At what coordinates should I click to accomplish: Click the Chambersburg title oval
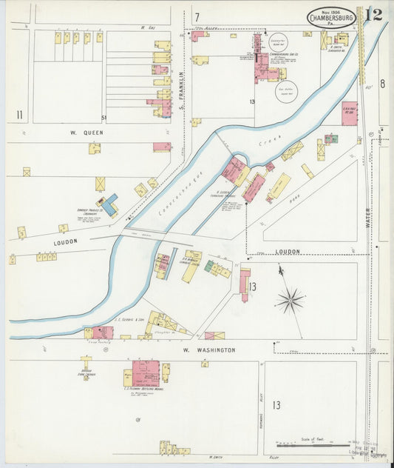[331, 17]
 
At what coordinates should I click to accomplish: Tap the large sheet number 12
[373, 15]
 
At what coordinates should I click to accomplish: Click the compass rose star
[290, 300]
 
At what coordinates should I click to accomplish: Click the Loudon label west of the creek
[65, 241]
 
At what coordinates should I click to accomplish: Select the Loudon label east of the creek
[288, 251]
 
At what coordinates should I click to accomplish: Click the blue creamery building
[108, 204]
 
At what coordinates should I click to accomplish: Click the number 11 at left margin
[19, 114]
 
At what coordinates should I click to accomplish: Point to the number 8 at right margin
[382, 84]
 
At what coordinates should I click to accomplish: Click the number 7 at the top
[197, 16]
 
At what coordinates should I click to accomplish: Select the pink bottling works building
[146, 373]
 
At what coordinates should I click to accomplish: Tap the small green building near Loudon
[209, 266]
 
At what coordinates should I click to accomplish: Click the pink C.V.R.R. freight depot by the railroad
[349, 113]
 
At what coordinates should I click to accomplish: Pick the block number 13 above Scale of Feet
[276, 405]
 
